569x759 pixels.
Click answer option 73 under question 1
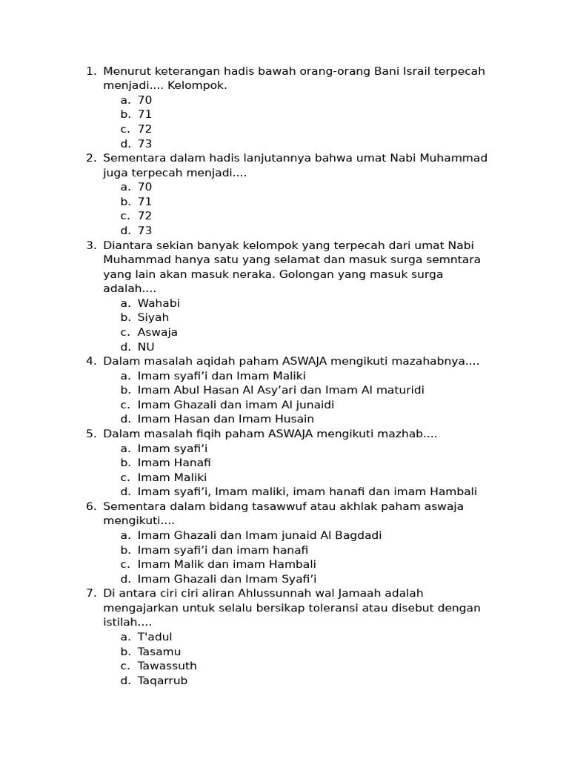pyautogui.click(x=144, y=144)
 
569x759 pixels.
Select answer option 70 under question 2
pyautogui.click(x=144, y=187)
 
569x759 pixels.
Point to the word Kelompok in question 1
pyautogui.click(x=197, y=85)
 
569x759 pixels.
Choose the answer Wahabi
pyautogui.click(x=159, y=303)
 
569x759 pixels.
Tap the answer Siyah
pyautogui.click(x=153, y=317)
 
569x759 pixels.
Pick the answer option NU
pyautogui.click(x=146, y=347)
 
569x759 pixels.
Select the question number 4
pyautogui.click(x=90, y=361)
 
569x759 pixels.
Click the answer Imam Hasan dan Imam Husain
pyautogui.click(x=225, y=419)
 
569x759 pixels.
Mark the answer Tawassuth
pyautogui.click(x=167, y=666)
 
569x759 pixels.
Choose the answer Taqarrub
pyautogui.click(x=162, y=680)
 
